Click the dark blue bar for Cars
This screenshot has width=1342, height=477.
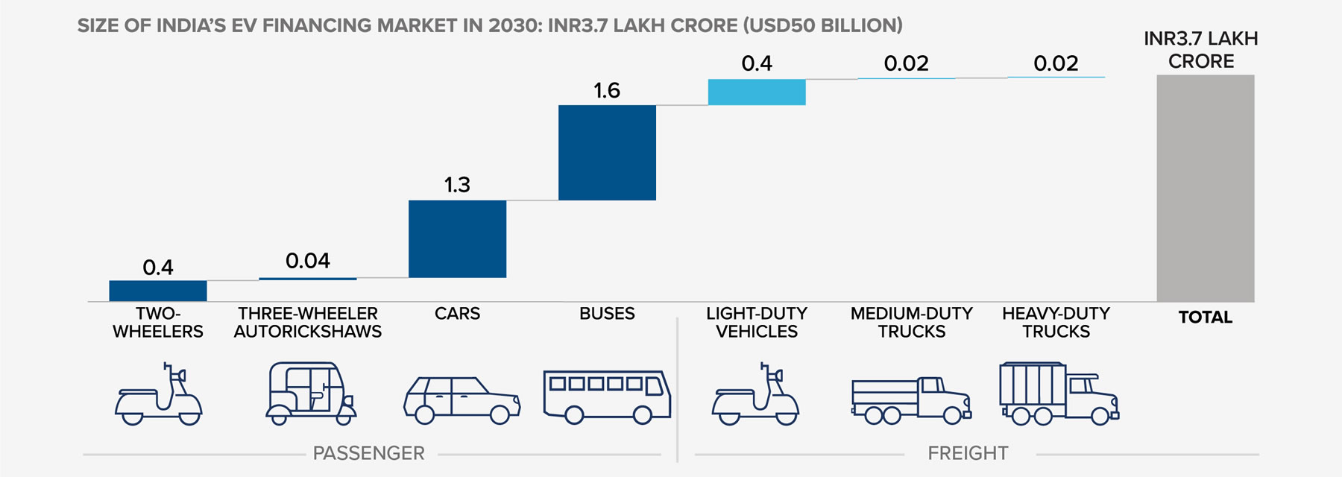click(x=457, y=238)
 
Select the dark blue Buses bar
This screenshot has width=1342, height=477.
click(x=607, y=152)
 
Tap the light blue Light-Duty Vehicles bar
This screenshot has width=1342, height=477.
click(x=756, y=92)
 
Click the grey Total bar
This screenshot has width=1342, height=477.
click(x=1205, y=188)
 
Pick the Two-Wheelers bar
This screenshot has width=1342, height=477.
click(x=158, y=291)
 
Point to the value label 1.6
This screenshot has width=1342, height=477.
click(x=606, y=91)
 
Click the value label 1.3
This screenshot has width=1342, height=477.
click(x=457, y=185)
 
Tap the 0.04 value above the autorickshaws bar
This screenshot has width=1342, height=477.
click(x=307, y=261)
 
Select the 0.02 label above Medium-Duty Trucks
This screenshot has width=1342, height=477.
click(x=906, y=64)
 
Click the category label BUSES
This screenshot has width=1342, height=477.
click(x=607, y=314)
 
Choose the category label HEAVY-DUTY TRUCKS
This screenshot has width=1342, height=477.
click(x=1056, y=323)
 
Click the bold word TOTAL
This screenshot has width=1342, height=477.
click(x=1205, y=318)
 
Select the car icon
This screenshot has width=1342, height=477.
click(x=461, y=400)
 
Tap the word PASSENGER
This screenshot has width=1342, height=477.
click(x=368, y=453)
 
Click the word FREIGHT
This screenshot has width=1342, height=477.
click(x=968, y=453)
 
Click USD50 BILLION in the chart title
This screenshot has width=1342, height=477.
click(x=823, y=25)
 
